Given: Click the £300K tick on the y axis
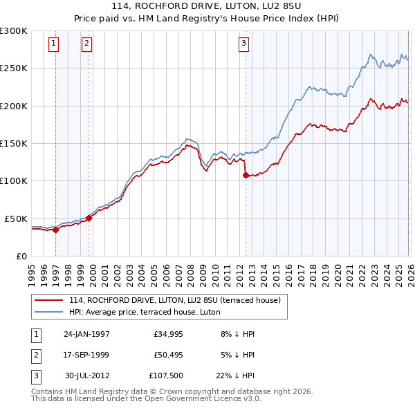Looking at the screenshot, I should pyautogui.click(x=14, y=31).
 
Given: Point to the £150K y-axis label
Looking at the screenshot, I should pyautogui.click(x=14, y=143).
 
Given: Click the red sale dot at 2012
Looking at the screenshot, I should pyautogui.click(x=246, y=176).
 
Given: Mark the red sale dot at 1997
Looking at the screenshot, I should pyautogui.click(x=56, y=230).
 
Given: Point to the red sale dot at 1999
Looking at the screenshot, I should pyautogui.click(x=89, y=218).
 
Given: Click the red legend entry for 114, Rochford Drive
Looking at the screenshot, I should pyautogui.click(x=174, y=300).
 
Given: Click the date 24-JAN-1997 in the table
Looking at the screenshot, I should pyautogui.click(x=86, y=334).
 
